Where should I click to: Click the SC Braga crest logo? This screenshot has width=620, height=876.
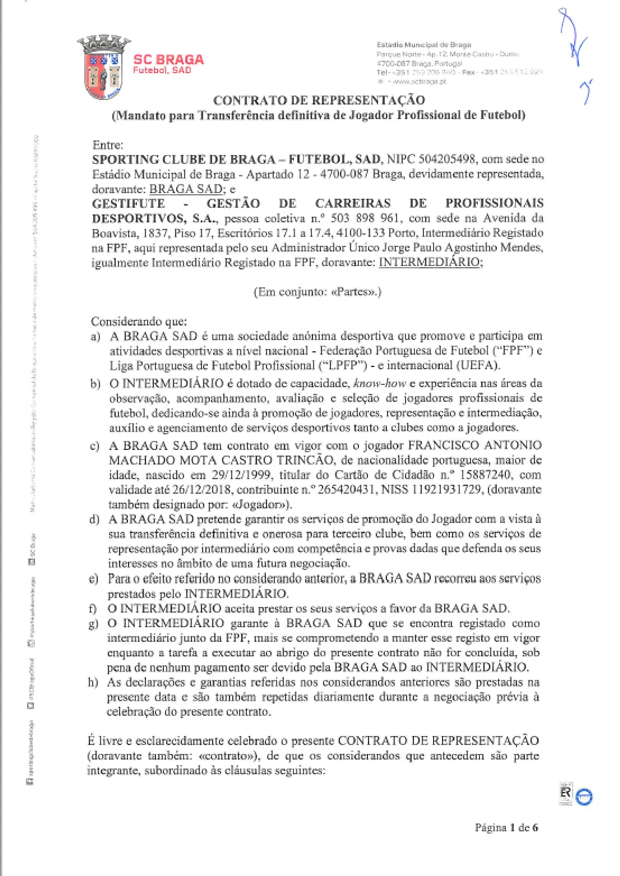click(104, 67)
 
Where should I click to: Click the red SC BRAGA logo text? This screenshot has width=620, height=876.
click(169, 59)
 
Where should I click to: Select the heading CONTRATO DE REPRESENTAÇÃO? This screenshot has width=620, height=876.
click(319, 100)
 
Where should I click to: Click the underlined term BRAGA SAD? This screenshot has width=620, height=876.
click(185, 189)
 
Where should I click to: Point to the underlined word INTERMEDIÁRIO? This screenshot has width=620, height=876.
click(429, 262)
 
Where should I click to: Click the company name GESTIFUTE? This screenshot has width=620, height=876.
click(128, 203)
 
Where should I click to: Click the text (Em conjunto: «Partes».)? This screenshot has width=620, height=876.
click(317, 292)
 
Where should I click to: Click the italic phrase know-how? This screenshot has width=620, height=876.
click(379, 383)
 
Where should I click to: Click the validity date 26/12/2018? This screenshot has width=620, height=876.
click(202, 490)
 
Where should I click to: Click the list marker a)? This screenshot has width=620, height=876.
click(95, 336)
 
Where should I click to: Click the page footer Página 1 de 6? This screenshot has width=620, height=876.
click(506, 827)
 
